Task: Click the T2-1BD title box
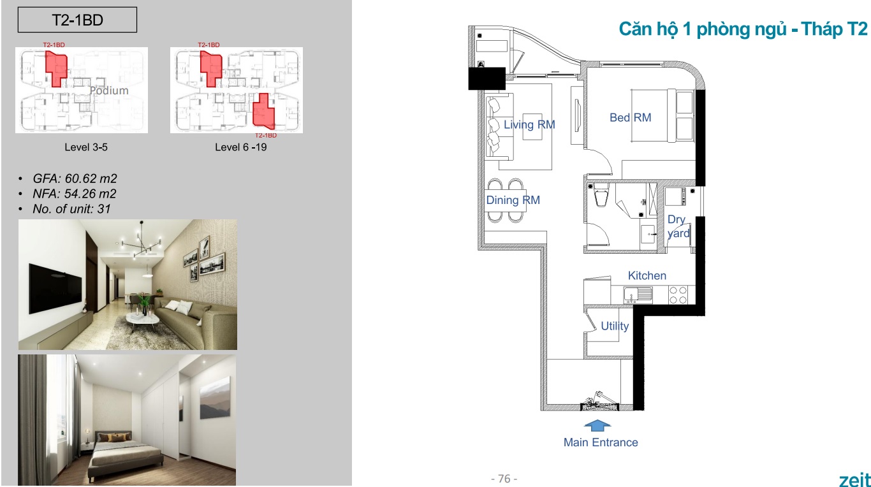(77, 20)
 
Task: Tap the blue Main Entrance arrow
(597, 425)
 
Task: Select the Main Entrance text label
(601, 442)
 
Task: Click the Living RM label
(529, 124)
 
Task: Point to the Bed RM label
(631, 117)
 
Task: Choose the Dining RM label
(513, 200)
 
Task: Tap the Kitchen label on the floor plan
(647, 275)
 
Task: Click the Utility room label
(615, 326)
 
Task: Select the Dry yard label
(678, 226)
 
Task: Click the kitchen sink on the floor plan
(638, 294)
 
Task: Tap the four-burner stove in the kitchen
(678, 294)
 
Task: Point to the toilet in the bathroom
(601, 195)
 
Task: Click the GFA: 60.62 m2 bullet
(75, 178)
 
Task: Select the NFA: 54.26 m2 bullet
(74, 194)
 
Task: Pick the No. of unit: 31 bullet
(71, 208)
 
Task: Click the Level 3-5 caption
(86, 147)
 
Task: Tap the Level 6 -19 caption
(240, 147)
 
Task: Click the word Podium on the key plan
(109, 91)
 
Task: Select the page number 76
(504, 479)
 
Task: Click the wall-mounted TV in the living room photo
(55, 288)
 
